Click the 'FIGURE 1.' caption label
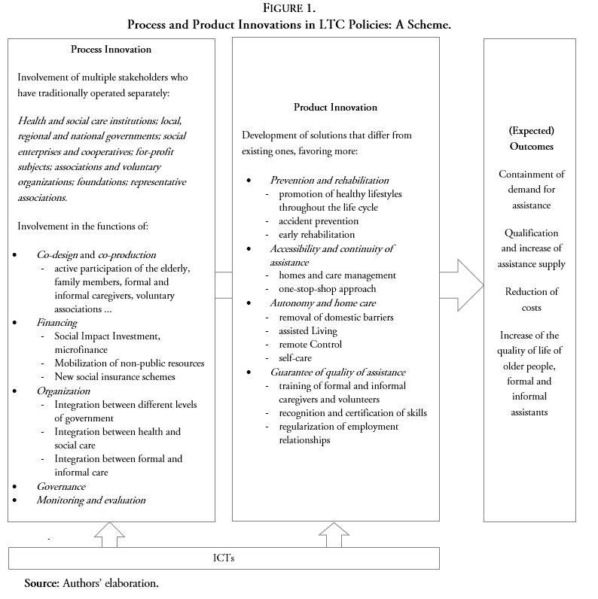[x=299, y=9]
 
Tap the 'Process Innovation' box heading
[x=111, y=50]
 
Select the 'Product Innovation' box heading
[x=335, y=108]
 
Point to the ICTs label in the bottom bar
[x=224, y=558]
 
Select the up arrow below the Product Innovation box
[x=334, y=535]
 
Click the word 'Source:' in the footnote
[x=41, y=583]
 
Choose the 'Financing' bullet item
[x=57, y=322]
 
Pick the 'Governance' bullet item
[x=61, y=486]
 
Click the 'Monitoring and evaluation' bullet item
[x=91, y=500]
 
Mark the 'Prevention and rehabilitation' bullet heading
[x=330, y=181]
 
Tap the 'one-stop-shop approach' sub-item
[x=327, y=289]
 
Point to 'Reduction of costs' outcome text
[x=531, y=299]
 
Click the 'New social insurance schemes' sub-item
[x=114, y=377]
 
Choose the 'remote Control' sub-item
[x=310, y=344]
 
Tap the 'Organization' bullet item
[x=63, y=391]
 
